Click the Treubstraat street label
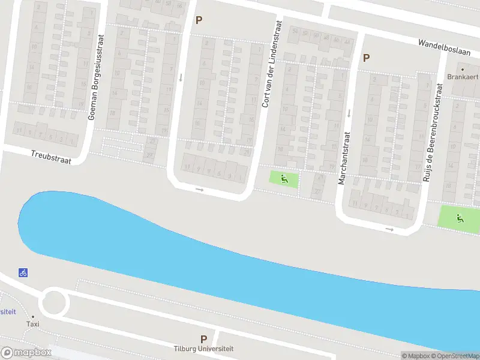click(x=51, y=157)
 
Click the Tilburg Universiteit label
click(x=203, y=349)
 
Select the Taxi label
click(x=32, y=324)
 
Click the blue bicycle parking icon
click(x=23, y=272)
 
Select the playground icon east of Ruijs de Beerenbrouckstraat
click(x=460, y=218)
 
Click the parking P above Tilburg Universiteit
click(x=203, y=340)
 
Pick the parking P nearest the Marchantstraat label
click(x=366, y=58)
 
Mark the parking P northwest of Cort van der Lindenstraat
click(x=199, y=20)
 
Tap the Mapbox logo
click(x=26, y=353)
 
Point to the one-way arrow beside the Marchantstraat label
click(x=349, y=113)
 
